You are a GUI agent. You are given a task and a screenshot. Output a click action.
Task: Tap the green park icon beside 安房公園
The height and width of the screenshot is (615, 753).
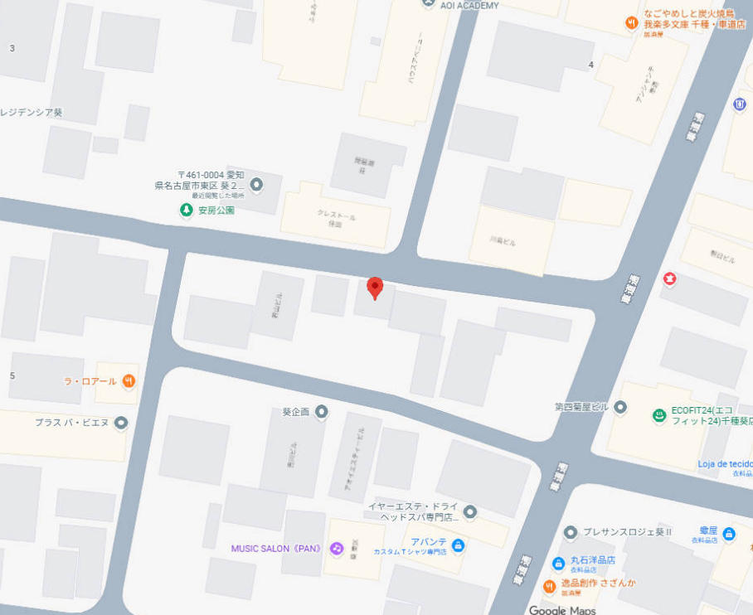tap(187, 211)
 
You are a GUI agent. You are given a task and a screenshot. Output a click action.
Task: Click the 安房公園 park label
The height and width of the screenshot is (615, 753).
tap(216, 211)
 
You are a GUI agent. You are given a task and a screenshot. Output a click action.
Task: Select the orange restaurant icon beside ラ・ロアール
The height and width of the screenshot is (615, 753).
tap(129, 381)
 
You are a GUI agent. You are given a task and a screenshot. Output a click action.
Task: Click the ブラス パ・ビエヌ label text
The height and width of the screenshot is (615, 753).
tap(71, 423)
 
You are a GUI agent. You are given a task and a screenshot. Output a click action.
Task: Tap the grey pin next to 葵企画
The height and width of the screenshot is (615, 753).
tap(322, 412)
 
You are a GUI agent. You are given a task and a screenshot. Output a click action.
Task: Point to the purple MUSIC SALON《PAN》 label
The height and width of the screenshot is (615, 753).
tap(275, 549)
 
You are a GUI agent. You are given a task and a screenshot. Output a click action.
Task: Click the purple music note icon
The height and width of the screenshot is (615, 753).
tap(337, 549)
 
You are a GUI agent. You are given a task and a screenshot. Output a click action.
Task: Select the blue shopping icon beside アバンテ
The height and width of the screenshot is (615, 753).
tap(459, 545)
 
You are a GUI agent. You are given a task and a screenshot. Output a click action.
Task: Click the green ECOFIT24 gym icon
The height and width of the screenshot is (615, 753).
tap(659, 415)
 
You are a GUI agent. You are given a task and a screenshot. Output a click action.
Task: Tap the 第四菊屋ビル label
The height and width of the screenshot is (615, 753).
tap(584, 407)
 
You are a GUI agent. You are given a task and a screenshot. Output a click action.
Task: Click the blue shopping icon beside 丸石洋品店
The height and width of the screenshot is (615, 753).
tap(559, 564)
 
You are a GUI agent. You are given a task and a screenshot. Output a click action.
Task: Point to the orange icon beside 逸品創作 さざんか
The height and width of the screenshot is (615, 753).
tap(548, 587)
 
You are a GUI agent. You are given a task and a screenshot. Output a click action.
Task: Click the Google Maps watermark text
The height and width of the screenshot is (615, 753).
tap(562, 610)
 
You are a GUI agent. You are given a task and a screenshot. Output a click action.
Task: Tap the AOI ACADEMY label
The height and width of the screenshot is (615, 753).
tap(469, 6)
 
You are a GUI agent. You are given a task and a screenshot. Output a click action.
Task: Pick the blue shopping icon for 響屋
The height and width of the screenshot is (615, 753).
tap(729, 534)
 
